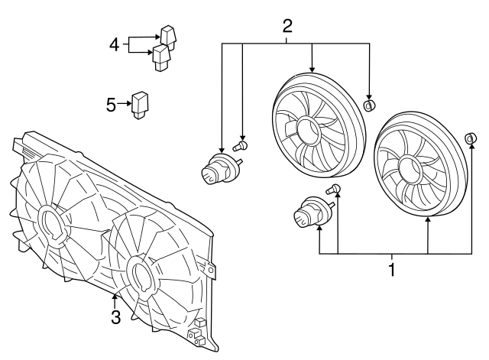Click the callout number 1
pyautogui.click(x=393, y=269)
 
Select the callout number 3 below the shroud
pyautogui.click(x=115, y=317)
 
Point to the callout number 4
pyautogui.click(x=113, y=45)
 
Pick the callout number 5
pyautogui.click(x=112, y=104)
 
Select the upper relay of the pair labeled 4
pyautogui.click(x=167, y=35)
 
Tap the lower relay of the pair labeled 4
pyautogui.click(x=161, y=56)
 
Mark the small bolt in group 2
pyautogui.click(x=244, y=144)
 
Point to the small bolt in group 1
pyautogui.click(x=334, y=190)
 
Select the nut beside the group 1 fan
pyautogui.click(x=471, y=138)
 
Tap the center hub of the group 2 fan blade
pyautogui.click(x=309, y=131)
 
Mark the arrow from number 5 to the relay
pyautogui.click(x=125, y=104)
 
